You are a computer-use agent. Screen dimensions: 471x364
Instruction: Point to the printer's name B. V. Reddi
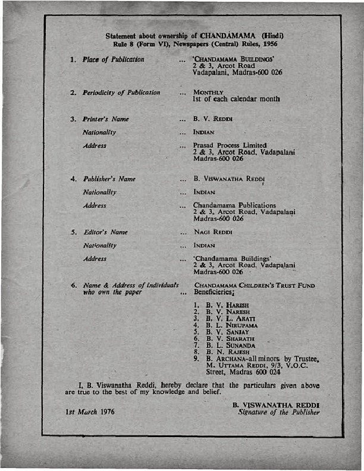point(212,120)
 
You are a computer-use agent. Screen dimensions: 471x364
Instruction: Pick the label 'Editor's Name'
point(106,232)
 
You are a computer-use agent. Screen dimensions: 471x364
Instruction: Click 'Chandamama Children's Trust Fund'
point(254,285)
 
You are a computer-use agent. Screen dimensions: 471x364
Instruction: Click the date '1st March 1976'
point(90,411)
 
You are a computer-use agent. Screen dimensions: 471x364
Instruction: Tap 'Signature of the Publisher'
point(278,412)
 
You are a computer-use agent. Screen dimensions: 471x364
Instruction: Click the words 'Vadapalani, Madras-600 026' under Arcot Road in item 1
point(229,73)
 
